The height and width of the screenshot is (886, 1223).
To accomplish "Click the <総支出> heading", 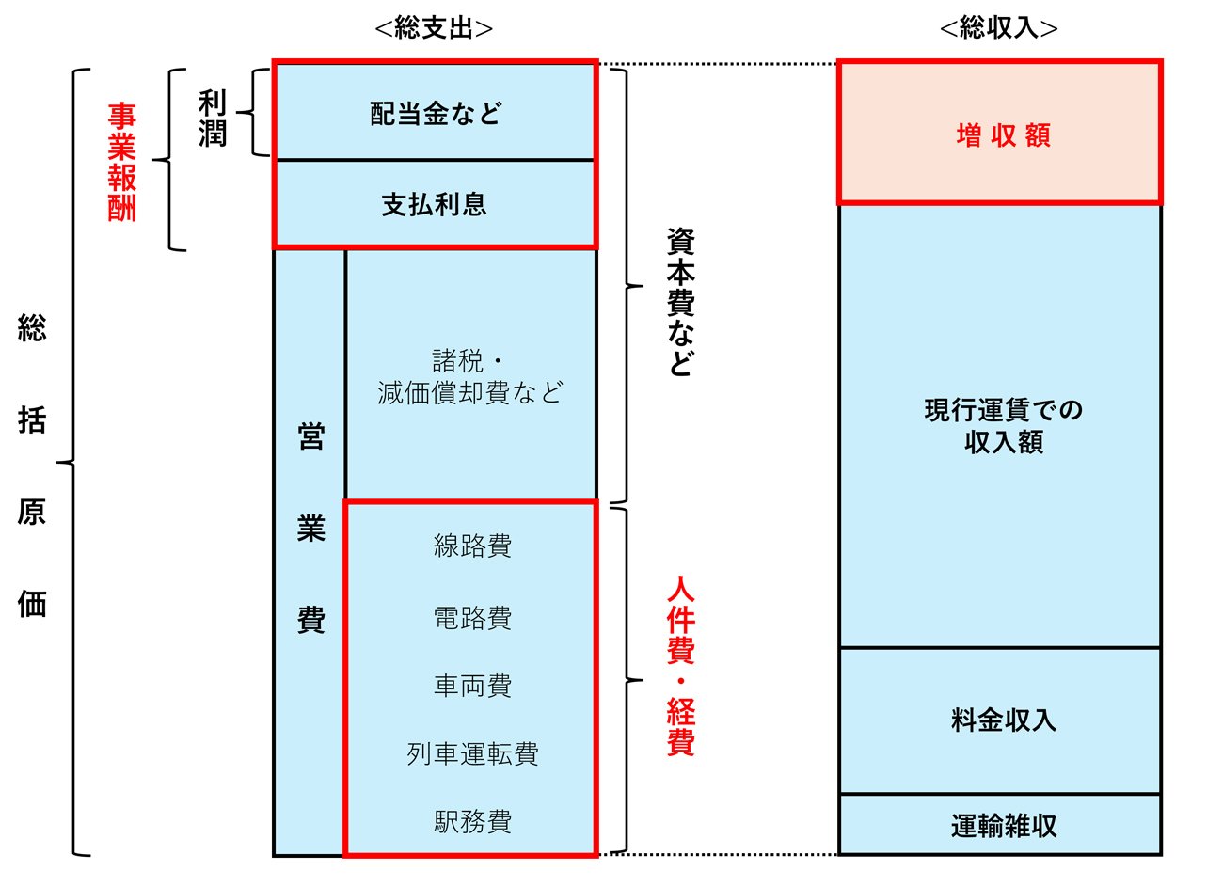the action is point(434,28).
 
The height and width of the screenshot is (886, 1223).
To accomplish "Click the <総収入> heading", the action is point(998,27).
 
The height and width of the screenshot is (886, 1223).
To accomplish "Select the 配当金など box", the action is point(436,111).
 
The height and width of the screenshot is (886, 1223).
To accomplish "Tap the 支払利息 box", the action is point(436,203).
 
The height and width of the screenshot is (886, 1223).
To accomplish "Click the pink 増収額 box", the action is point(1000,133).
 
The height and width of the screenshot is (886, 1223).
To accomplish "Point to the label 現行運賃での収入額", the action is point(1003,426).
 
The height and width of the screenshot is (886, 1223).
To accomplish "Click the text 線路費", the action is point(472,546).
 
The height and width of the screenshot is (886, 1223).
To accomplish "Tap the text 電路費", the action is point(472,619).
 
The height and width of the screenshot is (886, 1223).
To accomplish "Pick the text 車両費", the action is point(472,687).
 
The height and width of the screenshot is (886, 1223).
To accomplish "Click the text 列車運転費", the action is point(472,754).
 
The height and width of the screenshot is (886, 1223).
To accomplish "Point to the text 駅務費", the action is point(472,822).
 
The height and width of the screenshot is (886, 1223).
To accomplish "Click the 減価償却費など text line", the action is point(469,392).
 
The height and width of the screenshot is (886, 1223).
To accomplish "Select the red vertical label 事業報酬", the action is point(121,162).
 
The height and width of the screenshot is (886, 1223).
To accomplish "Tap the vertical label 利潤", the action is point(212,119).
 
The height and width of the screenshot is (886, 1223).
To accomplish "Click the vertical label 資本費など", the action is point(681,302).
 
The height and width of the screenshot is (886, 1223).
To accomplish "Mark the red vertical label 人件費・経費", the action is point(681,666).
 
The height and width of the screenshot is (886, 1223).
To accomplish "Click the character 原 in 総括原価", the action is point(32,512).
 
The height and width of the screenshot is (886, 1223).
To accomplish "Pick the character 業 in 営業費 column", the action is point(311,528).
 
